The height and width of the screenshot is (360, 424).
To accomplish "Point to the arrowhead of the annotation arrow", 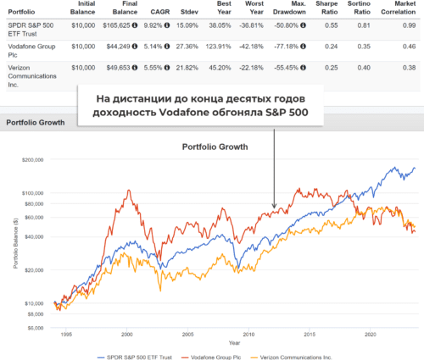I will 274,206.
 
